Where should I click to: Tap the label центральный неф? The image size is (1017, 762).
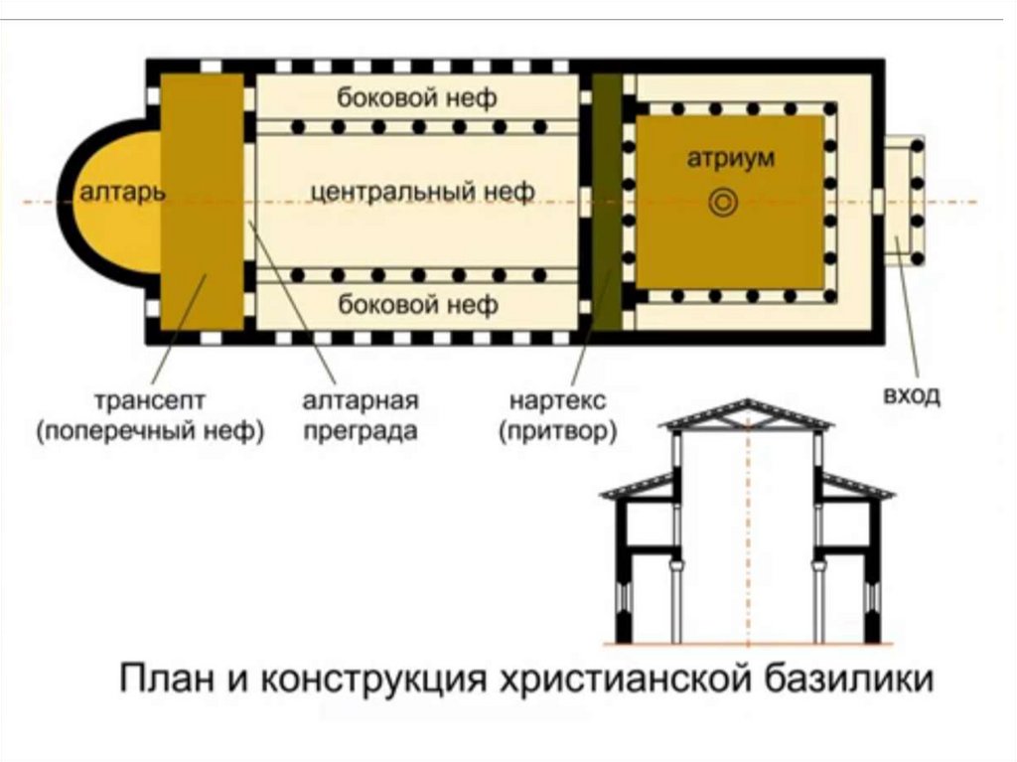(x=423, y=191)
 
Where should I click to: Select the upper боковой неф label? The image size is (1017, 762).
(x=417, y=98)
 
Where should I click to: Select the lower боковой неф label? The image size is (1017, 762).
(x=418, y=304)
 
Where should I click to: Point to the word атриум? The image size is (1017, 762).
(x=730, y=158)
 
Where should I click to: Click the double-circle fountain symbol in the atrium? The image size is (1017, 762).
(x=723, y=203)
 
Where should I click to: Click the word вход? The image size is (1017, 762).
(x=910, y=397)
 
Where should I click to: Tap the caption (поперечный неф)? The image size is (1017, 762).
(x=150, y=433)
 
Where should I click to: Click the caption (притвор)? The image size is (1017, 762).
(x=558, y=433)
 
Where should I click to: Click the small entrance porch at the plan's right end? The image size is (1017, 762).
(x=905, y=202)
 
